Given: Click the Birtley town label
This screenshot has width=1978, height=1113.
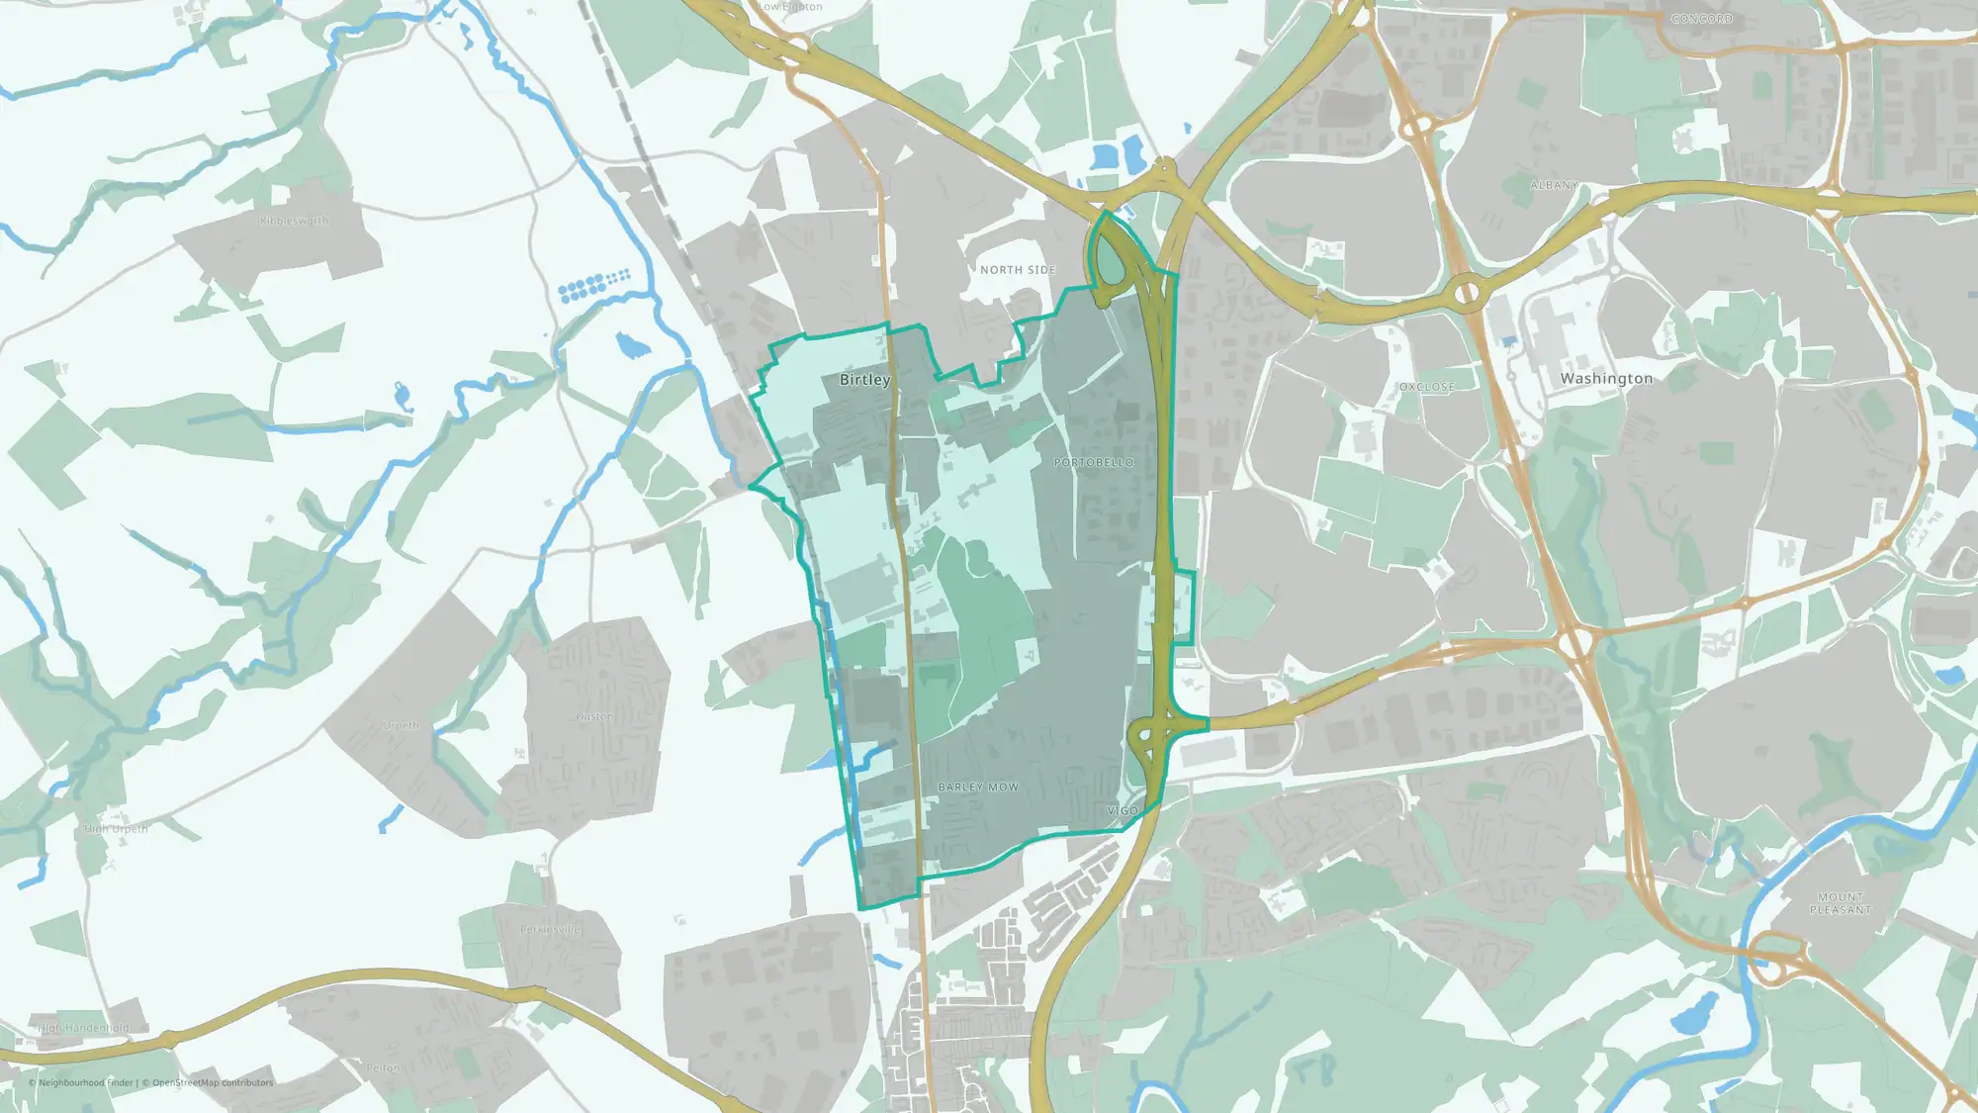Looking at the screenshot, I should coord(864,380).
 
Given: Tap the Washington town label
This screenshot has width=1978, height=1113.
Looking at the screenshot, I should coord(1606,379).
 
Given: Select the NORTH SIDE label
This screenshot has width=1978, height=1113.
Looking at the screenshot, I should coord(1018,270).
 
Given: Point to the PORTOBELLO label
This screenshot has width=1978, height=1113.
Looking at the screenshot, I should coord(1094,463).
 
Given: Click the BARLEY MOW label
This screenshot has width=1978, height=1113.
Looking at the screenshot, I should coord(978,788).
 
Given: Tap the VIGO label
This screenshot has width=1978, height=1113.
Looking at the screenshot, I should coord(1123,811).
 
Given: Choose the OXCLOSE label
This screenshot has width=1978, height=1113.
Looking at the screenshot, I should coord(1426,387).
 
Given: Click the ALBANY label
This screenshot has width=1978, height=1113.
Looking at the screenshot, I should coord(1554,186).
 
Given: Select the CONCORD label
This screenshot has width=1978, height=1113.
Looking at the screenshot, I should coord(1702,20).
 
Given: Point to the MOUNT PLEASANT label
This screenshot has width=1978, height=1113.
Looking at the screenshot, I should coord(1840,903).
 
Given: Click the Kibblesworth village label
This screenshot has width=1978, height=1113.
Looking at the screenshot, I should coord(294,221).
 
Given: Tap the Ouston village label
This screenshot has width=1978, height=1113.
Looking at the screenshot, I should coord(593,716).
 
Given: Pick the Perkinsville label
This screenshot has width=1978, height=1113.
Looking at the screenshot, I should coord(551,930).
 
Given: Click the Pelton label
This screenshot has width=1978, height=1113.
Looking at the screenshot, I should coord(383,1068).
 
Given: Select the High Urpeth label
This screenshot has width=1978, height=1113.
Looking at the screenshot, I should coord(117,829).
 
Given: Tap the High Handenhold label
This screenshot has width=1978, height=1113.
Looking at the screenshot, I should coord(83,1028).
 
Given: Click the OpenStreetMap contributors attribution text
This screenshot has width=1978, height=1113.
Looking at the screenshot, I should coord(213,1082).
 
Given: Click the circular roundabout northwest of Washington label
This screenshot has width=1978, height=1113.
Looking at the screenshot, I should coord(1467,293).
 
